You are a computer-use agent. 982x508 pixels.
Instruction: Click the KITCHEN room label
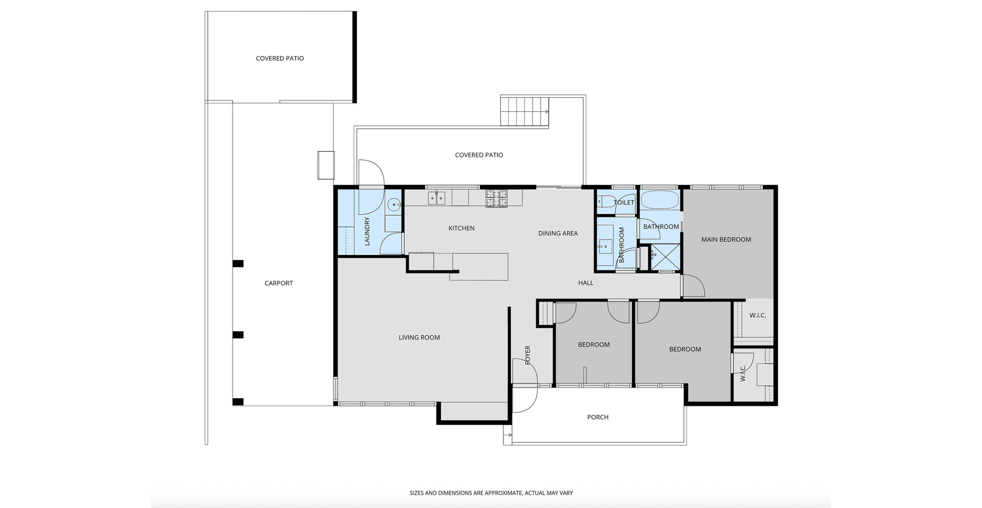(x=461, y=228)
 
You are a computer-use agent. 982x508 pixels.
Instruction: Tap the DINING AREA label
(x=558, y=233)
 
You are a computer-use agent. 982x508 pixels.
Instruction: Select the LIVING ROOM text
(x=419, y=337)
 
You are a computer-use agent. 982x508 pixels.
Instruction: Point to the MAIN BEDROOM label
(x=726, y=239)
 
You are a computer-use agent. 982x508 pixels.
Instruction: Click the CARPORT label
(x=278, y=283)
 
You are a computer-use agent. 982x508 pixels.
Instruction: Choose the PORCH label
(x=598, y=417)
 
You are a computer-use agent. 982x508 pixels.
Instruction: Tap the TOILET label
(x=624, y=202)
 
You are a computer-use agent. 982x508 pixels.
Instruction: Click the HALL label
(x=586, y=283)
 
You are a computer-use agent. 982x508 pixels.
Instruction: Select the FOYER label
(x=528, y=355)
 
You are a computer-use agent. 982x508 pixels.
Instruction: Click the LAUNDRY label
(x=367, y=231)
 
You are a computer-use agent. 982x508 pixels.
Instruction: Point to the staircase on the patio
(x=525, y=111)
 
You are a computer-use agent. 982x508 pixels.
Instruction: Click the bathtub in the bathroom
(x=660, y=200)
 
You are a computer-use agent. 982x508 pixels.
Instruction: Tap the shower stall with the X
(x=665, y=257)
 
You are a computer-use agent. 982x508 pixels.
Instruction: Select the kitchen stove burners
(x=496, y=199)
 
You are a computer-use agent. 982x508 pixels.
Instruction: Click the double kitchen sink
(x=437, y=199)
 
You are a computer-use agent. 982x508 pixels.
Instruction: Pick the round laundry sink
(x=394, y=204)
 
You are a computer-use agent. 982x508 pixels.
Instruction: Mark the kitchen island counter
(x=480, y=266)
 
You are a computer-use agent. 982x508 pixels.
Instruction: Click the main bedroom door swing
(x=693, y=286)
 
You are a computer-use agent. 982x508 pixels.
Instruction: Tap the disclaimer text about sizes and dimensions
(x=491, y=493)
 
